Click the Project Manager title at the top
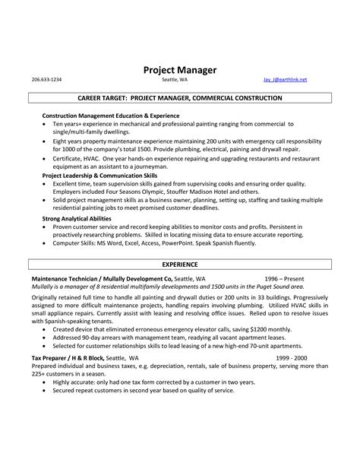pyautogui.click(x=180, y=70)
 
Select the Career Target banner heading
pyautogui.click(x=180, y=99)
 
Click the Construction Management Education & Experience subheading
pyautogui.click(x=99, y=116)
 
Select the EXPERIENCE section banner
pyautogui.click(x=180, y=264)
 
